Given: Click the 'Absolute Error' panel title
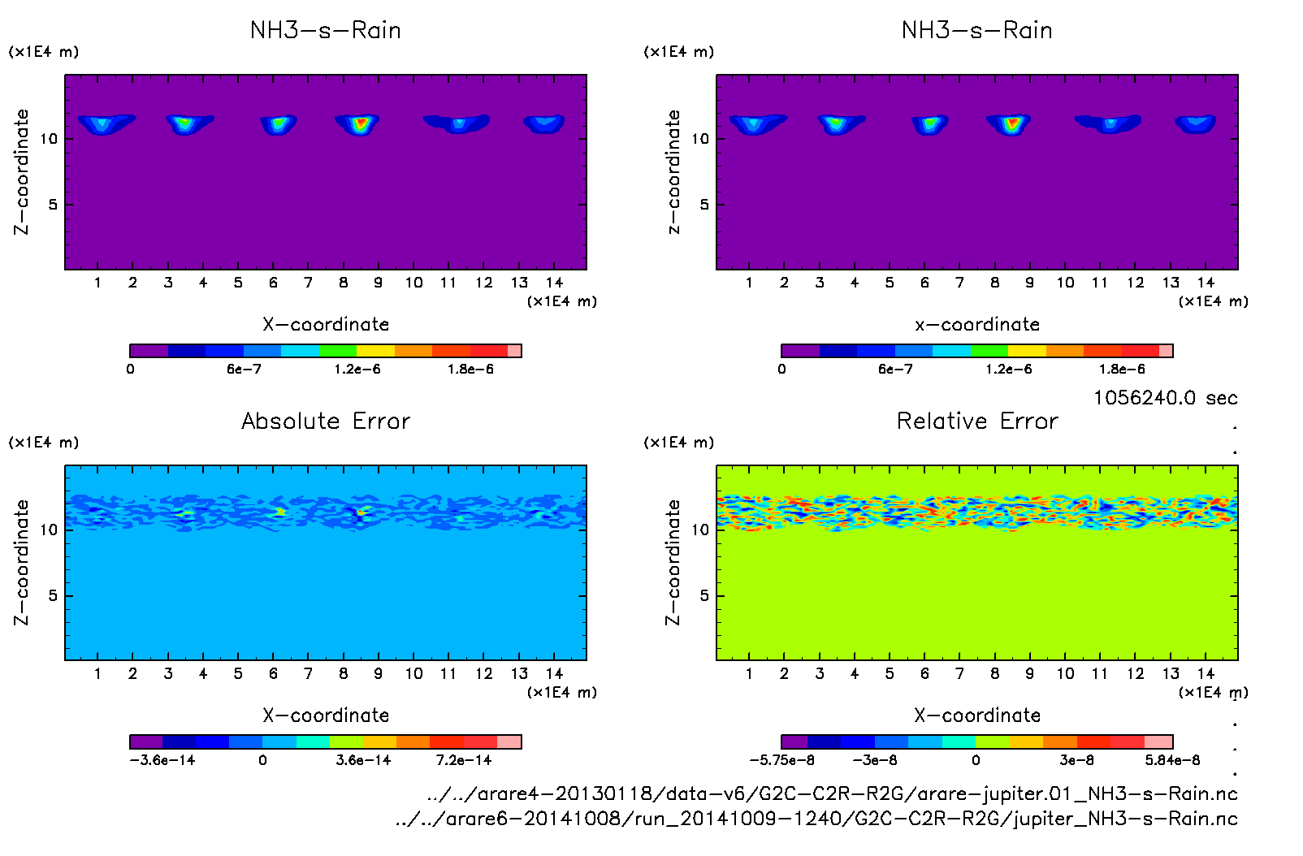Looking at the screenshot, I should tap(326, 421).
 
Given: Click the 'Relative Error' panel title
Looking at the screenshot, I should tap(977, 421).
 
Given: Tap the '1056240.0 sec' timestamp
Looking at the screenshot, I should tap(1165, 398).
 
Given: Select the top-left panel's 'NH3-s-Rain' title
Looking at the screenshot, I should tap(326, 31).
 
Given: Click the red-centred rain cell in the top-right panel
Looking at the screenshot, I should tap(1011, 123).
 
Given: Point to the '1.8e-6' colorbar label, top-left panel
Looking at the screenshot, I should tap(470, 370).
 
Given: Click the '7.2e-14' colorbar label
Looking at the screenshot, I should tap(464, 760).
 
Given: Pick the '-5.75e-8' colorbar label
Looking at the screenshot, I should tap(781, 760).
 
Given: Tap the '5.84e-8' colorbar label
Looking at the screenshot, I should tap(1172, 760).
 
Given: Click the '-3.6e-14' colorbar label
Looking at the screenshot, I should tap(162, 760).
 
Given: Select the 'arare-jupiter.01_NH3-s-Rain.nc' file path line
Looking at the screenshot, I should tap(832, 793).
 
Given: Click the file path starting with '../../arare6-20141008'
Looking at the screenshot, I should tap(816, 819).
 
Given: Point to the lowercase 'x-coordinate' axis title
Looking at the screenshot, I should tap(977, 325).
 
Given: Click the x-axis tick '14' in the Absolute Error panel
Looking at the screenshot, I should tap(554, 673).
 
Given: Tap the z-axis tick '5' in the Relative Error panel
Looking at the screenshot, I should tap(704, 595).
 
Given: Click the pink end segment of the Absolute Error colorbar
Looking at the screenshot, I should tap(509, 741).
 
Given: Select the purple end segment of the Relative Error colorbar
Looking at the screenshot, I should tap(794, 741).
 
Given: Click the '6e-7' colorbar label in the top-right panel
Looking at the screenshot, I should tap(895, 370).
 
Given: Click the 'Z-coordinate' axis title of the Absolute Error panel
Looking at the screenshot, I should tap(22, 562).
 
